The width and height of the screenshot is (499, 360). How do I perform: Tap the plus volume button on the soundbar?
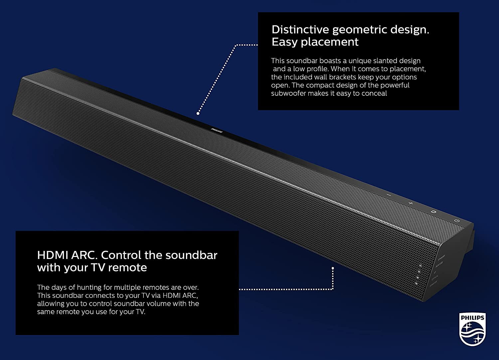[x=411, y=203]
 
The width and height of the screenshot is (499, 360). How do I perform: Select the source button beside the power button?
[x=433, y=211]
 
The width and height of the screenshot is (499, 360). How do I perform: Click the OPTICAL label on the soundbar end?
[x=435, y=277]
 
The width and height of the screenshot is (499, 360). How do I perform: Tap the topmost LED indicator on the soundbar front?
[x=420, y=266]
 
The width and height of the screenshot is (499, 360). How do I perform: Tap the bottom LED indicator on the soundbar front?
[x=416, y=283]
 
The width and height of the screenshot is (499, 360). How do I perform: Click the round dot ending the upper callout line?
[x=198, y=113]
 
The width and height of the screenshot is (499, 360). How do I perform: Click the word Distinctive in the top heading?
[x=300, y=30]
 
